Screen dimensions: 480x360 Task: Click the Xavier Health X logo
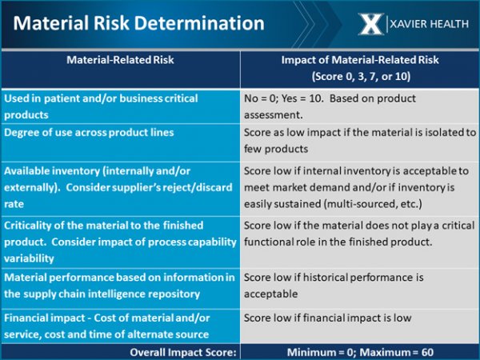pos(371,24)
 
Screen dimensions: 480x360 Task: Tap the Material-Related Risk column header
pos(120,60)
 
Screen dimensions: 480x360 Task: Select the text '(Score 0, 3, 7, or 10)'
pos(361,76)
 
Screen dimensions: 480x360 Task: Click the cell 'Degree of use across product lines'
pos(89,132)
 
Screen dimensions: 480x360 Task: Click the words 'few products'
pos(276,149)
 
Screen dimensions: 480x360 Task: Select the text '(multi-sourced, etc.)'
pos(373,204)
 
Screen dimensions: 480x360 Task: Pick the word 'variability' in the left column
pos(29,258)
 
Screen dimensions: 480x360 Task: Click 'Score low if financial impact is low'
pos(327,318)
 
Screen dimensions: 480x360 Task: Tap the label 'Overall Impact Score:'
pos(183,352)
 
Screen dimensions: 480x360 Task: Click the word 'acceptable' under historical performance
pos(270,294)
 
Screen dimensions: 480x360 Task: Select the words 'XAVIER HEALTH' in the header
pos(429,24)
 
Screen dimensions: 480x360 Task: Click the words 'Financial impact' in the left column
pos(44,318)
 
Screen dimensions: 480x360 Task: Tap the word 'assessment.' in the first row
pos(273,115)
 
